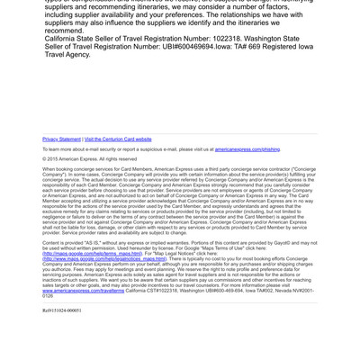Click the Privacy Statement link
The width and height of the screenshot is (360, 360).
pyautogui.click(x=61, y=139)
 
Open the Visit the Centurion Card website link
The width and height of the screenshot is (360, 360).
pyautogui.click(x=118, y=139)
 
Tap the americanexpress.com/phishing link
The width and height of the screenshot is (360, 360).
pyautogui.click(x=247, y=149)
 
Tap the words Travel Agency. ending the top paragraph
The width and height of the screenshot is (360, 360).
pyautogui.click(x=67, y=54)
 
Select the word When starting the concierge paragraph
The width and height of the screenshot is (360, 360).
pyautogui.click(x=50, y=168)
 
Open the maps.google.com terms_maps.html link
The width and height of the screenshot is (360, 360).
pyautogui.click(x=92, y=253)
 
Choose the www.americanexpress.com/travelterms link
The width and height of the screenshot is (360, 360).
pyautogui.click(x=84, y=291)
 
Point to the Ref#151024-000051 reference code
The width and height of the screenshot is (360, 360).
pyautogui.click(x=62, y=310)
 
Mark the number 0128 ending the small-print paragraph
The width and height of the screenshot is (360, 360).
pyautogui.click(x=48, y=295)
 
